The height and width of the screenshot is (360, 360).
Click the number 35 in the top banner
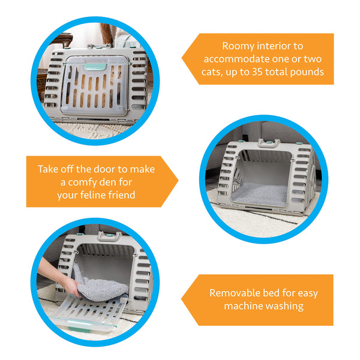click(x=257, y=72)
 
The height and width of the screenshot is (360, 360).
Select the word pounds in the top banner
click(x=307, y=73)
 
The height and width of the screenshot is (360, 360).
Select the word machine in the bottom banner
click(x=242, y=306)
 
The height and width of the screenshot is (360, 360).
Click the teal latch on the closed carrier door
click(x=95, y=67)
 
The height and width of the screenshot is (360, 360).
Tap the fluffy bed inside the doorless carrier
click(x=259, y=194)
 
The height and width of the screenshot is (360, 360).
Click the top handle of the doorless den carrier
click(x=268, y=144)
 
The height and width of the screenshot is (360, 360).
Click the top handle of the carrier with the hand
click(x=109, y=236)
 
